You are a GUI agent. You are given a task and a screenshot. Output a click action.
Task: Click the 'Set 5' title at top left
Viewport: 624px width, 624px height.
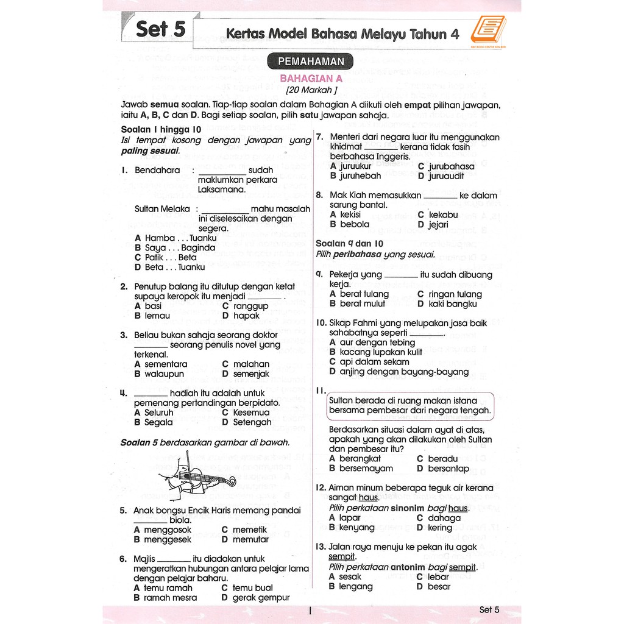(x=160, y=29)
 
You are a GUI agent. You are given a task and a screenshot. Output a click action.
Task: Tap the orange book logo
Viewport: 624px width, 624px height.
(x=492, y=30)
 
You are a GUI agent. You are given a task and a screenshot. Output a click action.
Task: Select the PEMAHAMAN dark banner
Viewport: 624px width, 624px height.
(x=311, y=62)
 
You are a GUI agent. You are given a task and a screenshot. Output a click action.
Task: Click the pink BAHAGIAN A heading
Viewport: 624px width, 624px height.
(x=311, y=79)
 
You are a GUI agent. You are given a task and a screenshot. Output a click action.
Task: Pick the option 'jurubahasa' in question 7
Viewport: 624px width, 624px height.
(x=451, y=166)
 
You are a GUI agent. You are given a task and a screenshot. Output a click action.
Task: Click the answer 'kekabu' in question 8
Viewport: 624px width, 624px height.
(x=443, y=214)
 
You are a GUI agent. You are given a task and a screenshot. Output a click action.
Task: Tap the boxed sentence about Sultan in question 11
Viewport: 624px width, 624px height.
(x=409, y=406)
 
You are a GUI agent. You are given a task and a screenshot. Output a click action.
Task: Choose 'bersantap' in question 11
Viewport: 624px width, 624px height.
(x=448, y=469)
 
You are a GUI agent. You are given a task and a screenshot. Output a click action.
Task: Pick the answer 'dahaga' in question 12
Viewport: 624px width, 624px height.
(x=444, y=518)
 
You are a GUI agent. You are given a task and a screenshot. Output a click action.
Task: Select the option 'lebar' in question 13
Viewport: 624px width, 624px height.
(x=438, y=576)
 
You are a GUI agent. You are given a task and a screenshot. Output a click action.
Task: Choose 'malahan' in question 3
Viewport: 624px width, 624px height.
(x=251, y=364)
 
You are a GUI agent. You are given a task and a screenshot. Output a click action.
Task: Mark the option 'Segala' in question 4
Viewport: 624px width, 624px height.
(x=158, y=422)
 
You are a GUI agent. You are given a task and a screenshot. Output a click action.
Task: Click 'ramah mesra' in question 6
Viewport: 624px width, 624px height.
(x=170, y=598)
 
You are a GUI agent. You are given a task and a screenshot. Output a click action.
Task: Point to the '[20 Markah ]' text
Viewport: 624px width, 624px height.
(x=311, y=90)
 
